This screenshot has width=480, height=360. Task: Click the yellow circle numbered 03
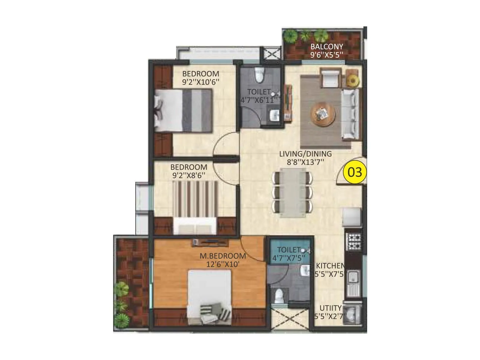coord(355,172)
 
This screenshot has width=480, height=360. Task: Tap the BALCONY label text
coord(327,47)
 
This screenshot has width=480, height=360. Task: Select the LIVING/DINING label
coord(305,154)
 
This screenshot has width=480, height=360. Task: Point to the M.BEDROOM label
coord(223,256)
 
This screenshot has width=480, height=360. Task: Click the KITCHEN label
coord(330,266)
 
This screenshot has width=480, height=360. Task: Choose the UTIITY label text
coord(330,308)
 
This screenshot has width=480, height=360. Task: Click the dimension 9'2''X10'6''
coord(201,82)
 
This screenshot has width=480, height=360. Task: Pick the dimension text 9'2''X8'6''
coord(189,175)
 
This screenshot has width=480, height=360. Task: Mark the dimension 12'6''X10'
coord(223,264)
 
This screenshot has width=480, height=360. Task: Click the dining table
coord(293,192)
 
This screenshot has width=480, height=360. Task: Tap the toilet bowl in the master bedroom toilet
coord(279,296)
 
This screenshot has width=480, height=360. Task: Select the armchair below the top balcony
coord(330,77)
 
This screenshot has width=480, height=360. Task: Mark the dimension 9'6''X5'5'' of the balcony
coord(327,55)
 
